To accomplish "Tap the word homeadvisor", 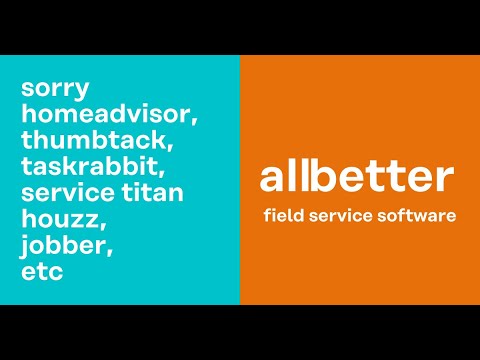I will click(x=107, y=114).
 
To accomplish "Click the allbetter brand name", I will click(x=357, y=176).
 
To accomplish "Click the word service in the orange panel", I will click(x=342, y=215).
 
